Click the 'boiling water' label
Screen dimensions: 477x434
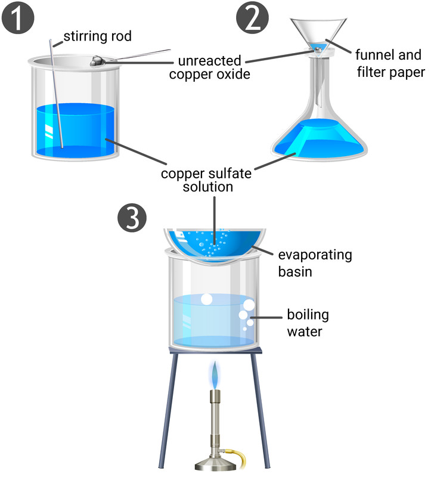[308, 323]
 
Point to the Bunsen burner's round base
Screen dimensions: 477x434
[214, 464]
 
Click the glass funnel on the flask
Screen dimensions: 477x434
[321, 30]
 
